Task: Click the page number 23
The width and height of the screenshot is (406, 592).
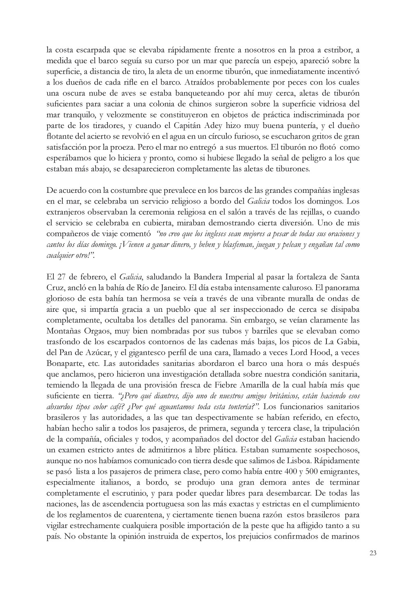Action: coord(373,553)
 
